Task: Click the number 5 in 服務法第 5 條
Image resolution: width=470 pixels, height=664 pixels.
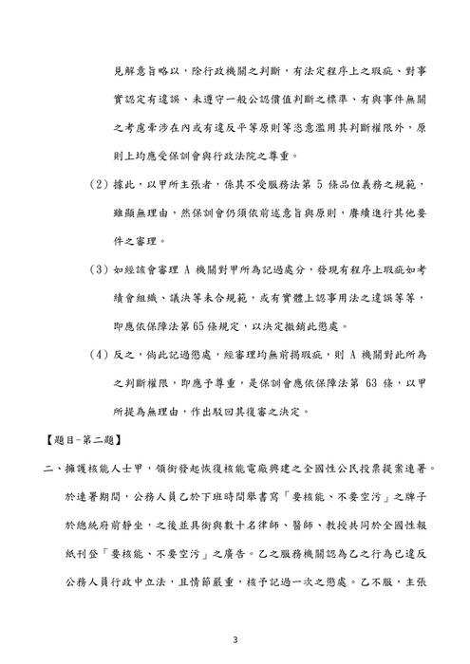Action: click(x=294, y=181)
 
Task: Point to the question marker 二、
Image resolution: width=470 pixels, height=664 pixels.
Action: click(x=43, y=469)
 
